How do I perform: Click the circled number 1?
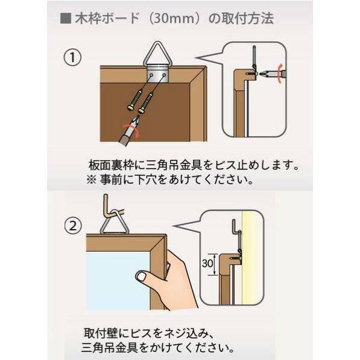click(72, 58)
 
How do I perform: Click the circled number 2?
click(72, 227)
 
